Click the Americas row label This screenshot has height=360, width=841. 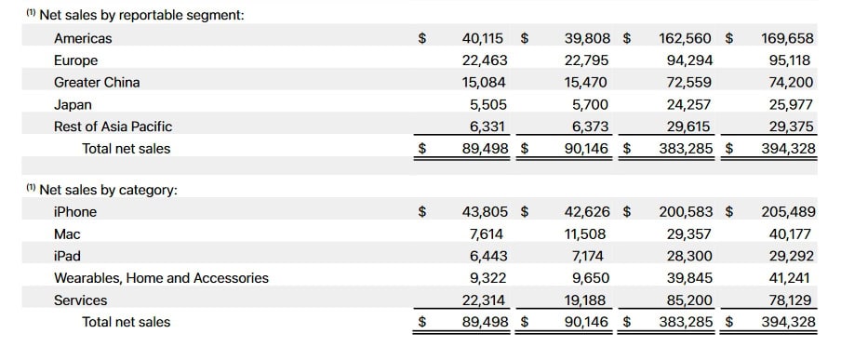click(x=83, y=38)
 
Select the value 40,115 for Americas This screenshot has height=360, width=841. click(x=482, y=38)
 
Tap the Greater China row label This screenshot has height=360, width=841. click(x=97, y=82)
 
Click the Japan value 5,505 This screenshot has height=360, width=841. click(x=487, y=104)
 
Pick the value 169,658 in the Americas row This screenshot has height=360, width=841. click(x=787, y=38)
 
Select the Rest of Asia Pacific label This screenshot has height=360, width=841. click(x=113, y=126)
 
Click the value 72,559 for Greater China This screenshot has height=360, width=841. click(x=686, y=82)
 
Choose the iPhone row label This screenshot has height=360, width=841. click(x=74, y=211)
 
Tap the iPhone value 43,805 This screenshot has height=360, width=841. click(x=482, y=211)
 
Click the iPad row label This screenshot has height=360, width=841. click(x=67, y=256)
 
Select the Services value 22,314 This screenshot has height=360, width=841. click(x=482, y=300)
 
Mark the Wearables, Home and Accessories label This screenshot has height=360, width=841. click(x=161, y=277)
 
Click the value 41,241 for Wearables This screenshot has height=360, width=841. click(x=791, y=277)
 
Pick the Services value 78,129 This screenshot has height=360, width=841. click(x=791, y=300)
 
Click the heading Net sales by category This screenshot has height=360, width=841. click(x=108, y=190)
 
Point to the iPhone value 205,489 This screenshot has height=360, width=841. click(x=787, y=211)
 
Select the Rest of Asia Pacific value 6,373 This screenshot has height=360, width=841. click(x=588, y=126)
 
